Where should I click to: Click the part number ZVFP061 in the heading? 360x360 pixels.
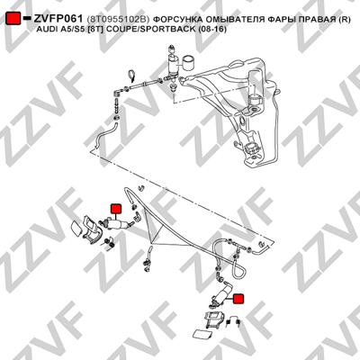pyautogui.click(x=58, y=19)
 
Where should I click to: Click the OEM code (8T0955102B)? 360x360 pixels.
pyautogui.click(x=118, y=20)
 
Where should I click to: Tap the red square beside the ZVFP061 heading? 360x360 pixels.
pyautogui.click(x=13, y=18)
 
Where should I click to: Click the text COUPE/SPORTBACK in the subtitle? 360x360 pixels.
pyautogui.click(x=147, y=30)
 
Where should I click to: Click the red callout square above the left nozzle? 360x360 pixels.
pyautogui.click(x=115, y=209)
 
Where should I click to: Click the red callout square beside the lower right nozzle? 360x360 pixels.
pyautogui.click(x=238, y=299)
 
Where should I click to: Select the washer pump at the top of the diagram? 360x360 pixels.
pyautogui.click(x=173, y=66)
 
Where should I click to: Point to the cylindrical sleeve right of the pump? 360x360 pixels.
pyautogui.click(x=189, y=62)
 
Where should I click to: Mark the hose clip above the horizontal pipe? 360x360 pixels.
pyautogui.click(x=131, y=76)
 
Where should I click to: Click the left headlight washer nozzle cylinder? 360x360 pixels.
pyautogui.click(x=119, y=223)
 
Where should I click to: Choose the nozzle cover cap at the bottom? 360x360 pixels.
pyautogui.click(x=201, y=334)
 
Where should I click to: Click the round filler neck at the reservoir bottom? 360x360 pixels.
pyautogui.click(x=251, y=148)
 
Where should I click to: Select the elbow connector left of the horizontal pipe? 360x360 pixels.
pyautogui.click(x=118, y=92)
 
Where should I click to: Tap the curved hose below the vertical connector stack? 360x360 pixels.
pyautogui.click(x=105, y=133)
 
